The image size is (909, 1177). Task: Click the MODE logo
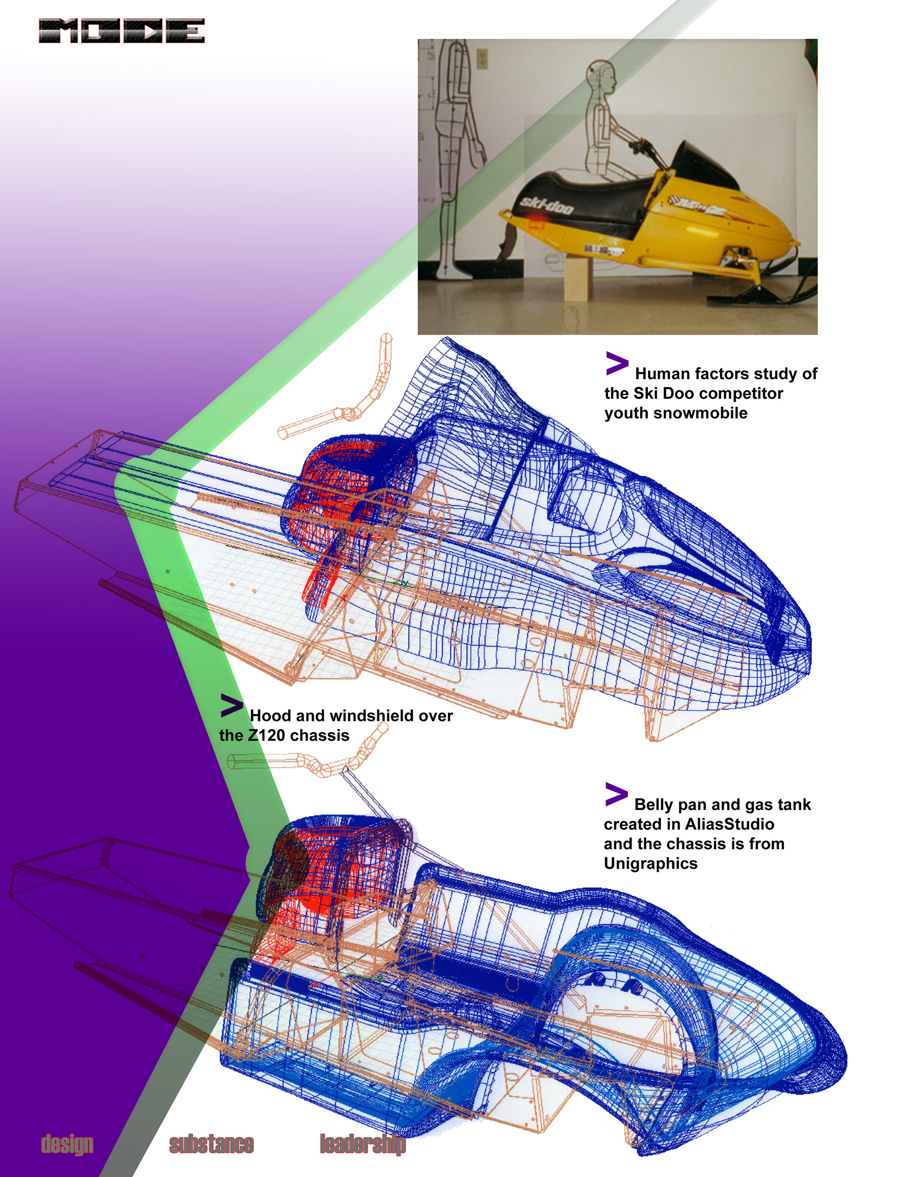[121, 31]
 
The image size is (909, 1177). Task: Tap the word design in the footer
[67, 1143]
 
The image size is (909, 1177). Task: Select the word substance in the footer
[211, 1143]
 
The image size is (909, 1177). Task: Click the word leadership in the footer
[362, 1143]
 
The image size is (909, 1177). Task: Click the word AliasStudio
[729, 824]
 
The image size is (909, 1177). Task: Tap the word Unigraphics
[651, 863]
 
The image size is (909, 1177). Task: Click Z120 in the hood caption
[266, 735]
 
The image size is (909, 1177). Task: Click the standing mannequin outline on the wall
[455, 151]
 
